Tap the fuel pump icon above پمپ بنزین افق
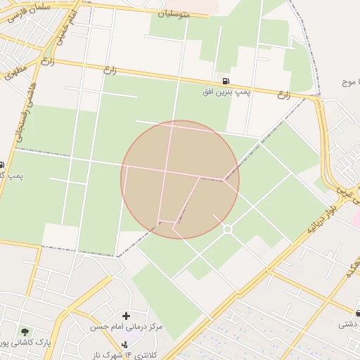coord(225,81)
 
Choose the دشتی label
coord(348,324)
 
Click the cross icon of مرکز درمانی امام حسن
coord(126,316)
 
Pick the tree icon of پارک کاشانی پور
coord(26,331)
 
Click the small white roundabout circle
coord(227,229)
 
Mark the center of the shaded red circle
coord(180,179)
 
